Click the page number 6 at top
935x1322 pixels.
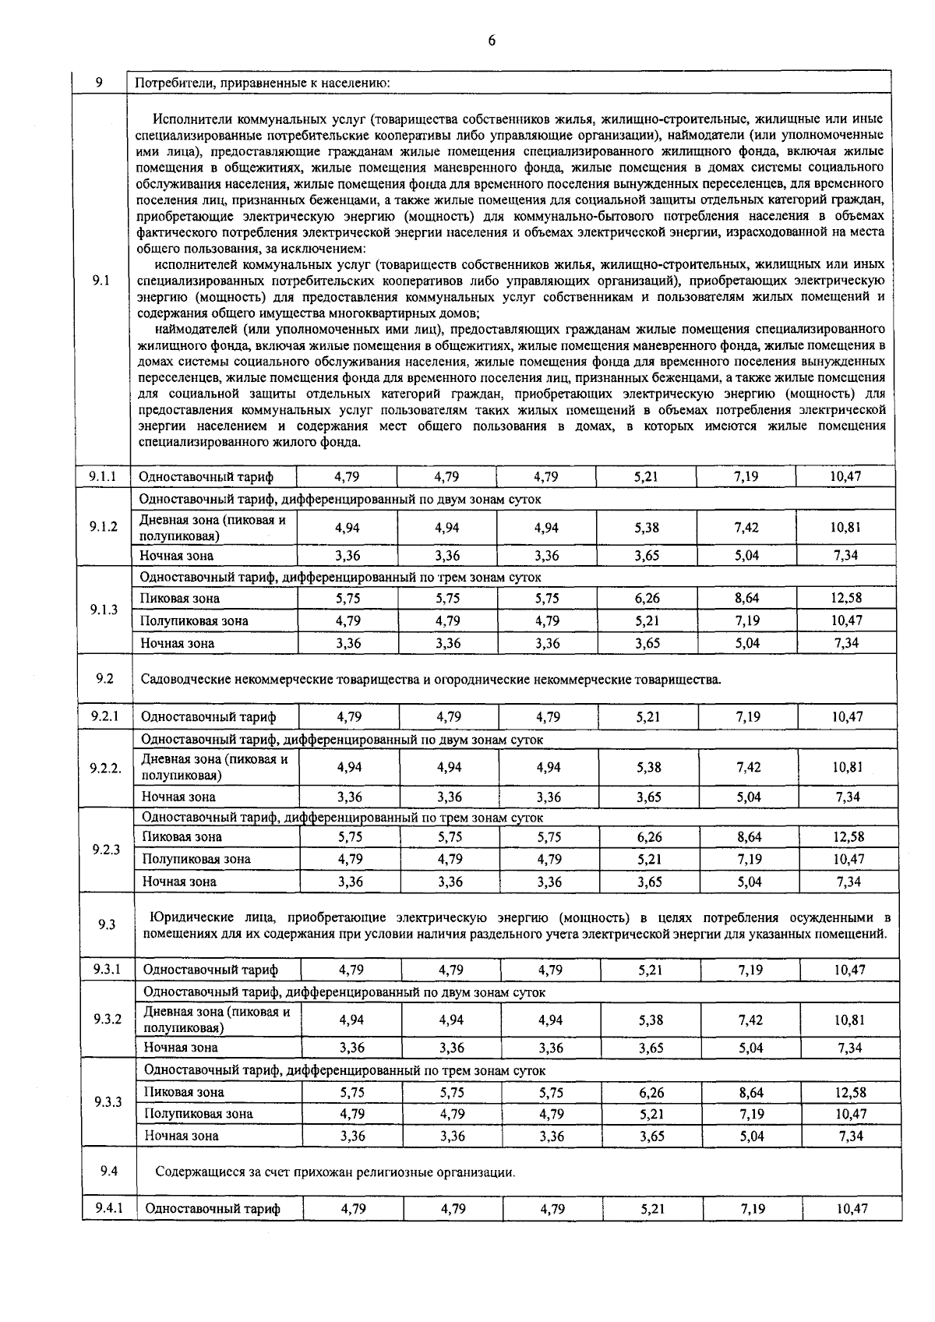491,41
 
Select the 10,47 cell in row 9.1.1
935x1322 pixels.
845,475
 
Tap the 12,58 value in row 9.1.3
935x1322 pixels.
845,599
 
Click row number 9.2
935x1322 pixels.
105,678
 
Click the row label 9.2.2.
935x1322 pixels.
105,768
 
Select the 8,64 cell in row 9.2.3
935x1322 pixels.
749,837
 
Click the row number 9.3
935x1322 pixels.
107,924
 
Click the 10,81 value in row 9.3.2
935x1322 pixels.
848,1020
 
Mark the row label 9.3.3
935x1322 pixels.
108,1102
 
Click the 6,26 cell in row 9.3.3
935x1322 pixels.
651,1093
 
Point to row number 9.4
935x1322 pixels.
109,1171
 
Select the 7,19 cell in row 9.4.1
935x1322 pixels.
753,1209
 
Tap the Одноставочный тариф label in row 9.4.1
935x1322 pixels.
212,1209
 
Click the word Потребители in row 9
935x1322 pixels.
173,82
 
